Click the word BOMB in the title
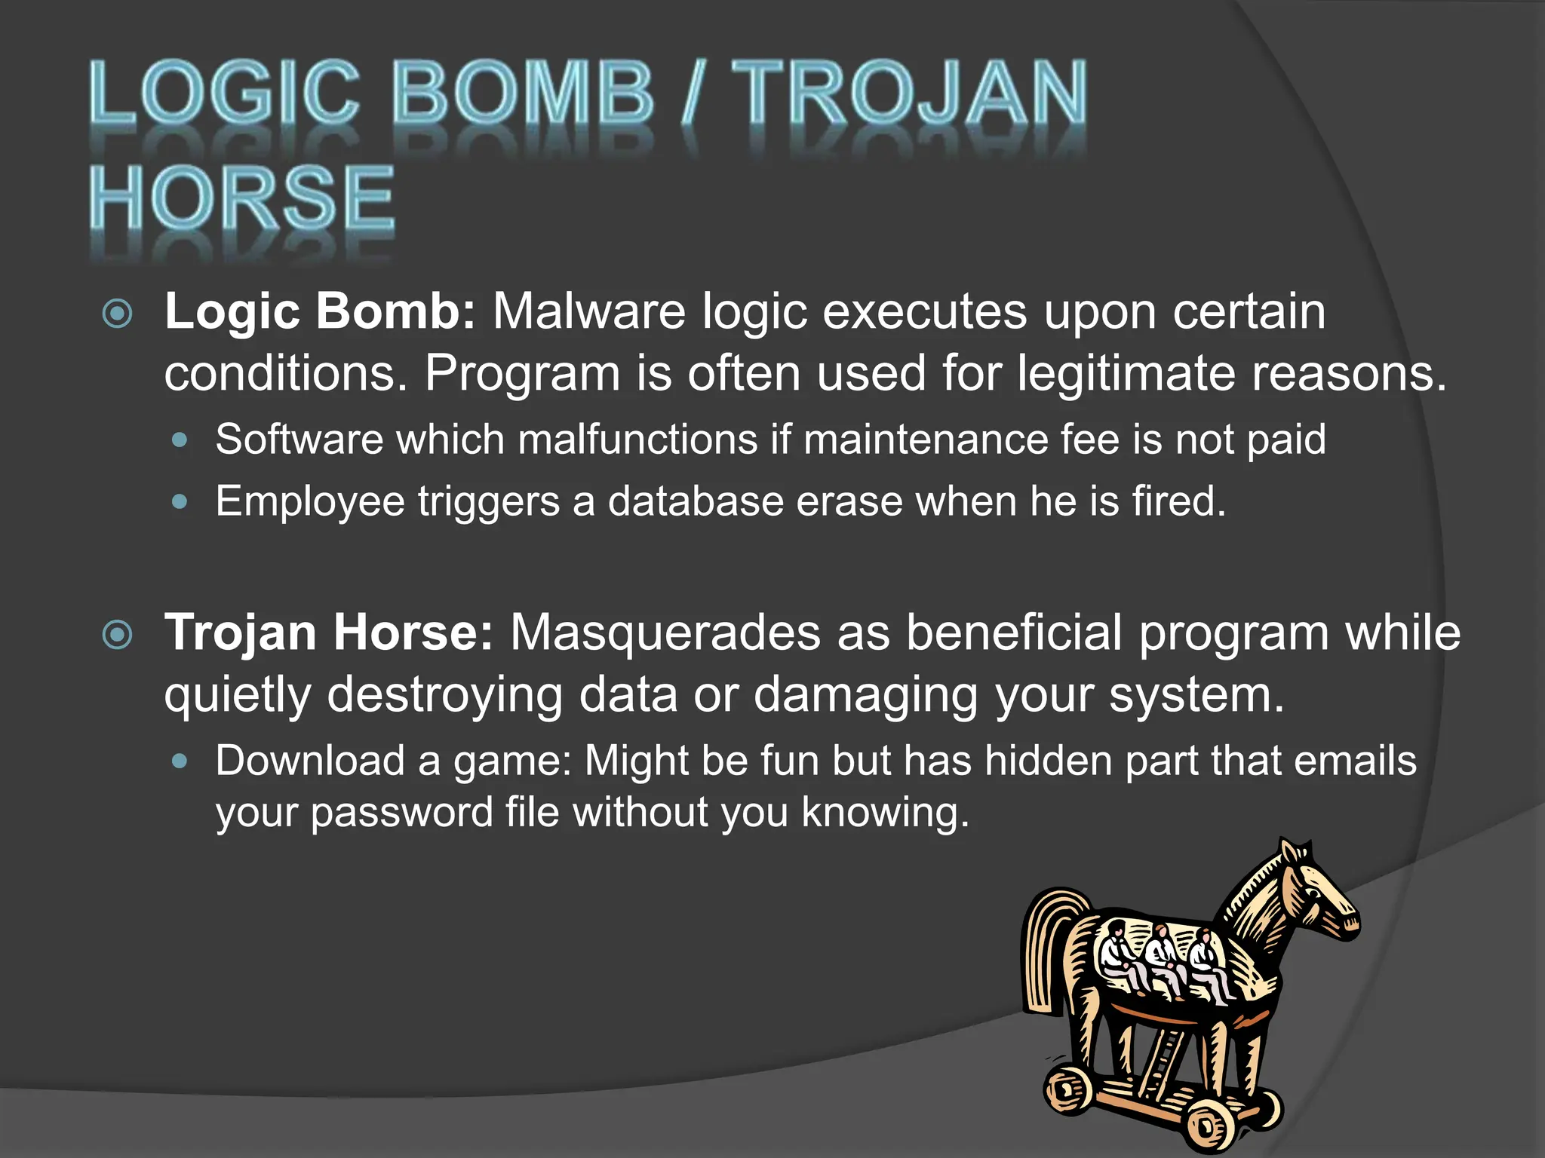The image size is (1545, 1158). [522, 93]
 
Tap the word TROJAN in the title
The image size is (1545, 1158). [910, 93]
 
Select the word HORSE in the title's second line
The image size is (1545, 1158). [241, 198]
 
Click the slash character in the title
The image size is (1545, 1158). [692, 93]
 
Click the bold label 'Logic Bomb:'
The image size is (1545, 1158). [320, 311]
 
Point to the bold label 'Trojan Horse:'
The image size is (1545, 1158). [329, 632]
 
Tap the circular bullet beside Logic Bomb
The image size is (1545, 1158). [118, 314]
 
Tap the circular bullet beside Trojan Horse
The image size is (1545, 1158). [118, 635]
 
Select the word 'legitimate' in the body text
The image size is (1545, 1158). [1126, 373]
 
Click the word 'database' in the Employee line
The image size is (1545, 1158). [696, 501]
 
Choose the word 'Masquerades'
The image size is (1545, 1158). [665, 632]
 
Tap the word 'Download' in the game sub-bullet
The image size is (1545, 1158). [310, 761]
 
